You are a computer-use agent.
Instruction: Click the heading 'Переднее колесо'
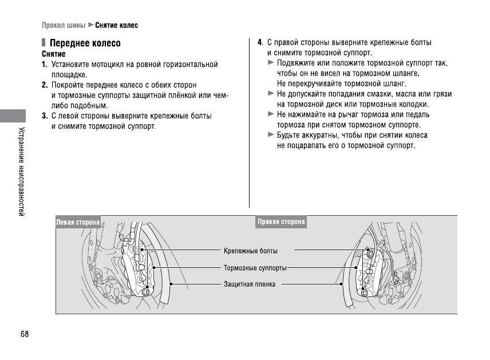(x=85, y=43)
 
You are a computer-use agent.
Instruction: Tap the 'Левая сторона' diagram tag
(x=78, y=222)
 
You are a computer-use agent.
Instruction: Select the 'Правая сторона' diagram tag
(x=281, y=222)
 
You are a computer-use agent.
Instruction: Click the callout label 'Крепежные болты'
(x=251, y=251)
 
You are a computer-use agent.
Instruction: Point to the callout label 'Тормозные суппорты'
(x=255, y=267)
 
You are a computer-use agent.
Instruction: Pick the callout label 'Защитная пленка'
(x=250, y=284)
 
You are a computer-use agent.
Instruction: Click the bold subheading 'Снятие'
(x=53, y=54)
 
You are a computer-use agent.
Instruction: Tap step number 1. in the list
(x=44, y=65)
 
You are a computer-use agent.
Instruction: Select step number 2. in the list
(x=44, y=85)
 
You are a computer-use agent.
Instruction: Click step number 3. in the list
(x=44, y=116)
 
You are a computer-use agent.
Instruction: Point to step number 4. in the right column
(x=260, y=43)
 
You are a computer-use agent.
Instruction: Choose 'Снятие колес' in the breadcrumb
(x=116, y=26)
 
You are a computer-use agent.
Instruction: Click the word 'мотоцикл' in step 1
(x=109, y=65)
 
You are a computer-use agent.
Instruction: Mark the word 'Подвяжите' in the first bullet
(x=295, y=63)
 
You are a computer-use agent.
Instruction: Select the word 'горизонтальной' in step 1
(x=188, y=65)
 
